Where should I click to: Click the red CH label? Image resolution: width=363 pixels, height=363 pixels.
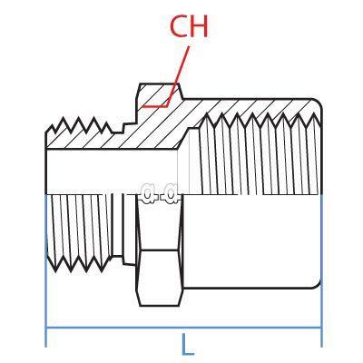point(189,26)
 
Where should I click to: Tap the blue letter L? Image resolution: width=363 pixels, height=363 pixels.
point(188,345)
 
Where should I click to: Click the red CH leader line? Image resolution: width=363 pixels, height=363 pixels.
point(166,77)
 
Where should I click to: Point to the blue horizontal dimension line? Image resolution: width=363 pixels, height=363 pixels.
point(183,328)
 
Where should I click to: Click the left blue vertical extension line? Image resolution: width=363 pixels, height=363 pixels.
point(45,270)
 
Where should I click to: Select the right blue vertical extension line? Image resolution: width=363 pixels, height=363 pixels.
point(321,270)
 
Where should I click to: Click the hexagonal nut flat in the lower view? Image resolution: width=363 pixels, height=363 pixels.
point(160,278)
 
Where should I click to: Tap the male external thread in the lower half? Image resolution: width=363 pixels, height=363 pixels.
point(79,232)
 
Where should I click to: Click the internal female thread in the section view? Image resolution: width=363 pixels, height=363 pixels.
point(257,153)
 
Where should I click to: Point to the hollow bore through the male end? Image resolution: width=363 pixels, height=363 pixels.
point(112,172)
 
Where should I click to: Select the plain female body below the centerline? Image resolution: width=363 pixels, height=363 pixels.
point(251,240)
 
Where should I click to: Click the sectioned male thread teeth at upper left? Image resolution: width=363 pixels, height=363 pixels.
point(79,126)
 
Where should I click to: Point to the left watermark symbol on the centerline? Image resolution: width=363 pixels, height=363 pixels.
point(148,194)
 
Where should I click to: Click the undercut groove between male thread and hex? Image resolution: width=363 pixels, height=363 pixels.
point(118,225)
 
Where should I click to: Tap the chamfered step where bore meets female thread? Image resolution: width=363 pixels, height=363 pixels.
point(184,139)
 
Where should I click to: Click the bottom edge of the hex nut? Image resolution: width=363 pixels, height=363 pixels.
point(160,306)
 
